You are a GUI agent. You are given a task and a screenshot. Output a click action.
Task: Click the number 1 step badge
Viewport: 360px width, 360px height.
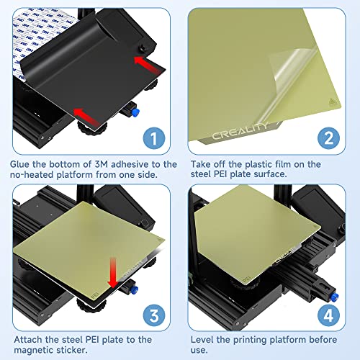click(154, 138)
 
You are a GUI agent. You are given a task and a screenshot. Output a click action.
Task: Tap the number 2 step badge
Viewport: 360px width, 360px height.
click(328, 138)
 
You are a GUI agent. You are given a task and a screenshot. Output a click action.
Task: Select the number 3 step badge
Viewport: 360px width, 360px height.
click(154, 315)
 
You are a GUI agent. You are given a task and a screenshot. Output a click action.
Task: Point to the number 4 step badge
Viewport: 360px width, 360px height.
click(328, 315)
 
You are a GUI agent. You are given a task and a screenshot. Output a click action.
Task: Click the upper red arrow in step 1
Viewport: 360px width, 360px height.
click(148, 64)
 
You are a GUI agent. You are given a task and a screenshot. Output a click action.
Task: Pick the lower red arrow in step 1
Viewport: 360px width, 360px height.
click(86, 117)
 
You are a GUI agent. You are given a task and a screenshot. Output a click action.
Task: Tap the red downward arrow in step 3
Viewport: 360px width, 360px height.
click(112, 273)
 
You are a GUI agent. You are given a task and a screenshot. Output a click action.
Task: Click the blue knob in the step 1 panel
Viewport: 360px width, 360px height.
click(135, 112)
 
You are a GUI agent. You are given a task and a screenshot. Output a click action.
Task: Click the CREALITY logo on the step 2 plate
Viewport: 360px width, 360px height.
click(240, 131)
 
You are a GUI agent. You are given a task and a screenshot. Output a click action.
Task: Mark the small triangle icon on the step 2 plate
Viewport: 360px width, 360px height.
click(332, 102)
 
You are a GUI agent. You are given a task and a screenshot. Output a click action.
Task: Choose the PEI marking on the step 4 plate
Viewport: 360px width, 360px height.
click(246, 279)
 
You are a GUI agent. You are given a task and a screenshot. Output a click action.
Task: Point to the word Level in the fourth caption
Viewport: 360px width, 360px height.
click(202, 340)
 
